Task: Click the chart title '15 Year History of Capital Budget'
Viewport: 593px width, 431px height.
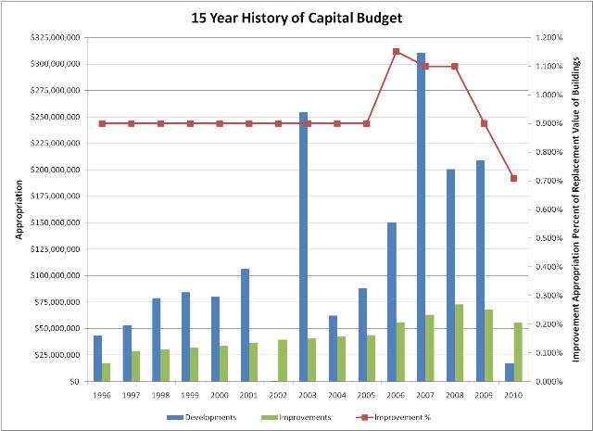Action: click(296, 17)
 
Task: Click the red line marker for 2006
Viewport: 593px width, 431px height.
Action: click(396, 51)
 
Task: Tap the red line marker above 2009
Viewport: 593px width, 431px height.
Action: click(484, 123)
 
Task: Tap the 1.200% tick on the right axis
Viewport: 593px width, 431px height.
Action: click(548, 38)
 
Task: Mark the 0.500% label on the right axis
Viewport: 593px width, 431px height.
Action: click(548, 238)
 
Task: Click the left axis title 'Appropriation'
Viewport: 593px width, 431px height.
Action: click(18, 209)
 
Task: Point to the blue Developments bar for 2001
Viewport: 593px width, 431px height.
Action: click(245, 325)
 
